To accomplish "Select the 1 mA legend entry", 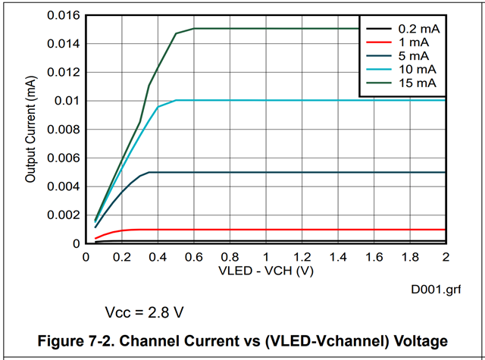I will point(413,42).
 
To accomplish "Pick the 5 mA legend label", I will point(413,56).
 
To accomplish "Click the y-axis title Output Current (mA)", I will point(31,130).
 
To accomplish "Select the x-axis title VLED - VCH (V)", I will point(266,271).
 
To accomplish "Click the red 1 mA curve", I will point(303,230).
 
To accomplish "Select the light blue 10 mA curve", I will point(303,100).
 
